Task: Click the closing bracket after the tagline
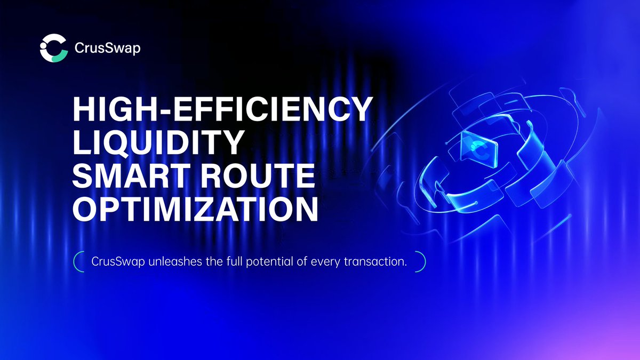coord(422,262)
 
